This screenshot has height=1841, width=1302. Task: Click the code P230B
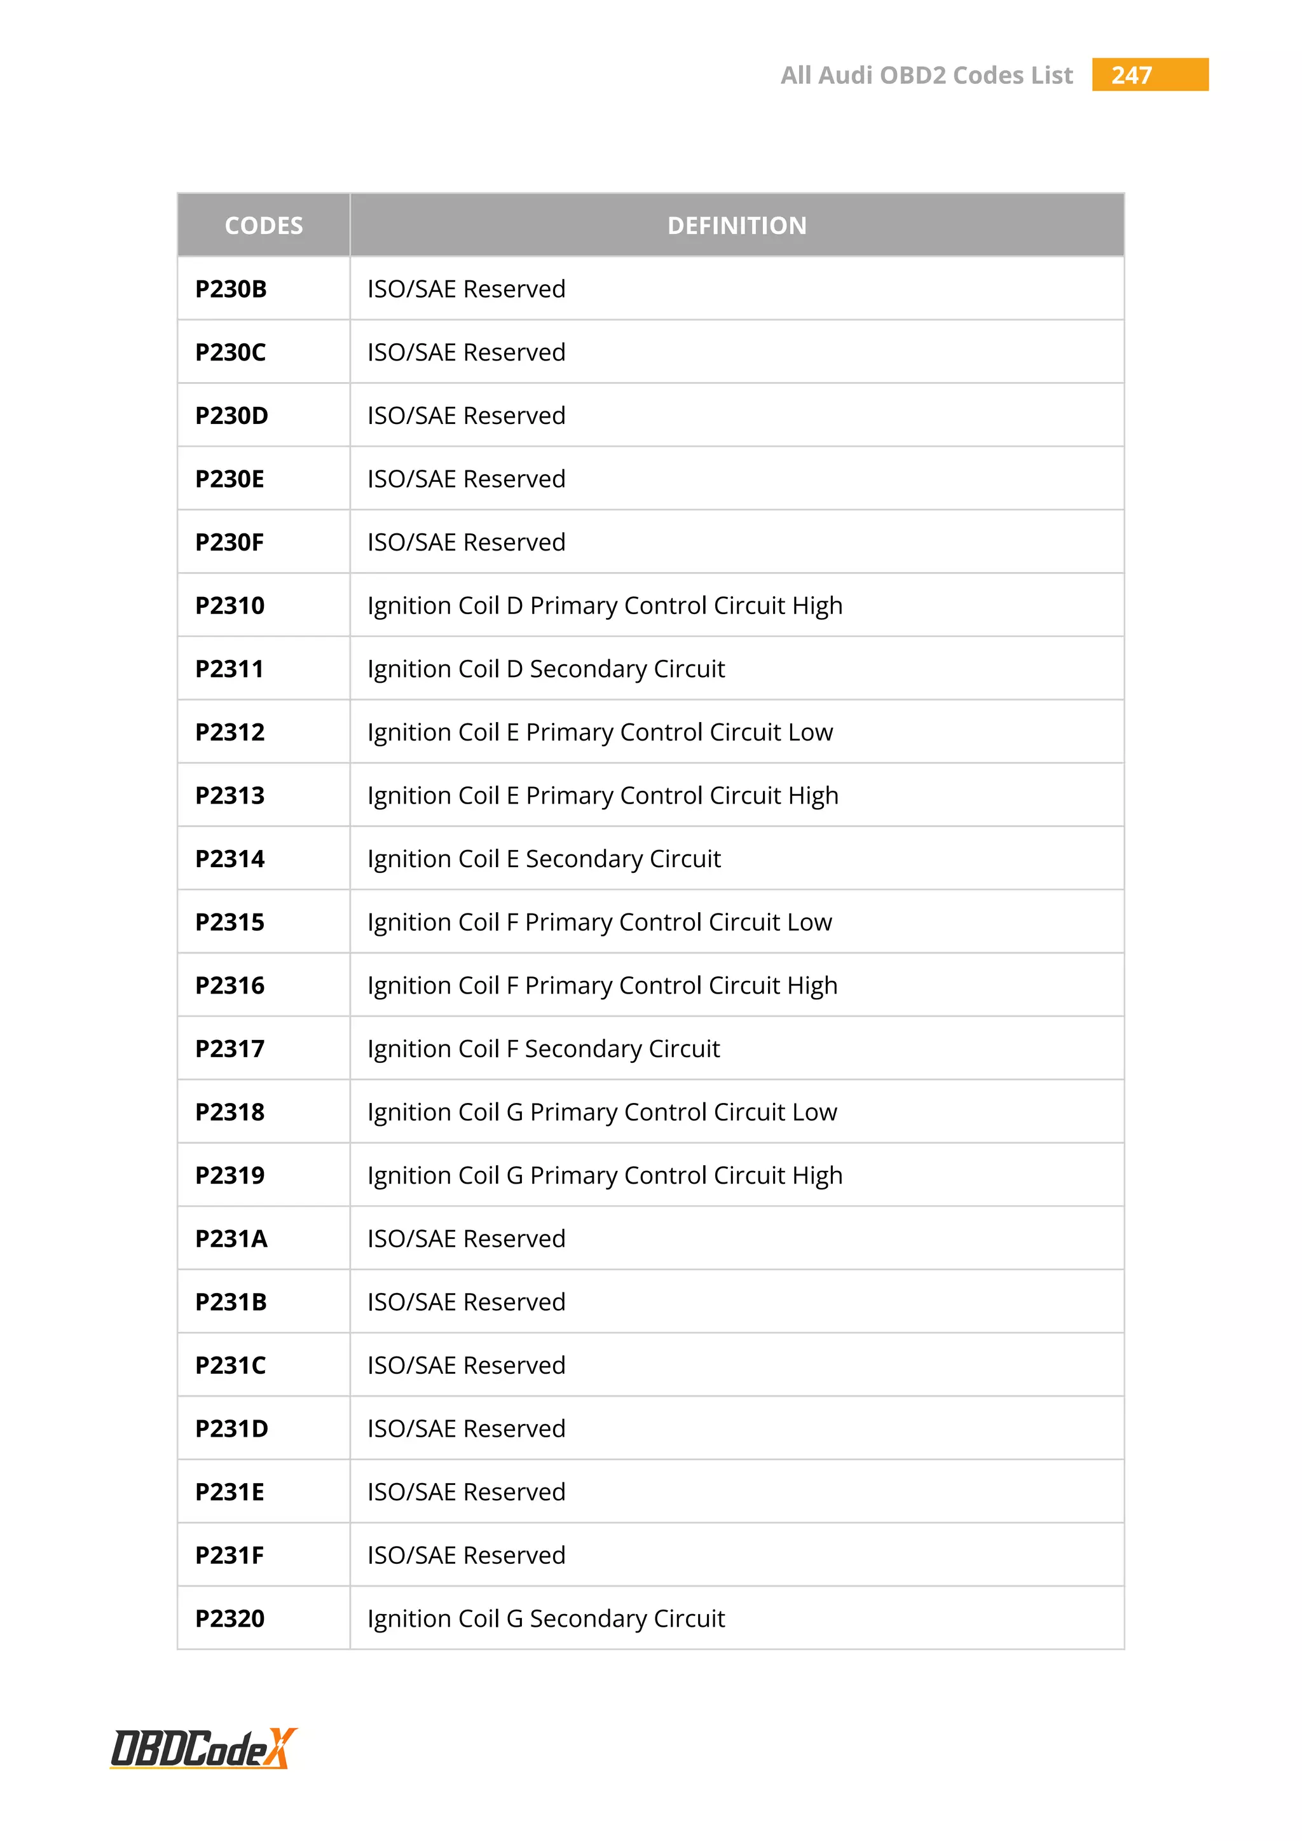click(231, 289)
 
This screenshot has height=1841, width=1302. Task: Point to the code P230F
click(230, 543)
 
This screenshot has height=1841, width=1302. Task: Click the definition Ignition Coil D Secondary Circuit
click(546, 669)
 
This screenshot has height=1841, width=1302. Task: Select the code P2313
click(230, 796)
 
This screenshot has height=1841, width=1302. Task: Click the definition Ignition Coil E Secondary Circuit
click(544, 859)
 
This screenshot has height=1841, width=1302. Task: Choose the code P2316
click(230, 986)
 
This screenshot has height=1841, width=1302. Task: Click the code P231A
click(231, 1240)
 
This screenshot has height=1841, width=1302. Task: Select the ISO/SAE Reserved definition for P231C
click(466, 1365)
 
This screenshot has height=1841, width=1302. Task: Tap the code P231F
click(230, 1556)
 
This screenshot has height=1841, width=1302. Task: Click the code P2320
click(230, 1619)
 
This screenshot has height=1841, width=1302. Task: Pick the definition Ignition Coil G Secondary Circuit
click(546, 1619)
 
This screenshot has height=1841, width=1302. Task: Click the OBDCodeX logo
click(203, 1748)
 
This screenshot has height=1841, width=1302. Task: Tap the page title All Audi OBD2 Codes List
click(926, 76)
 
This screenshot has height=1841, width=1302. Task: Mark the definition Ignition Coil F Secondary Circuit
click(544, 1050)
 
